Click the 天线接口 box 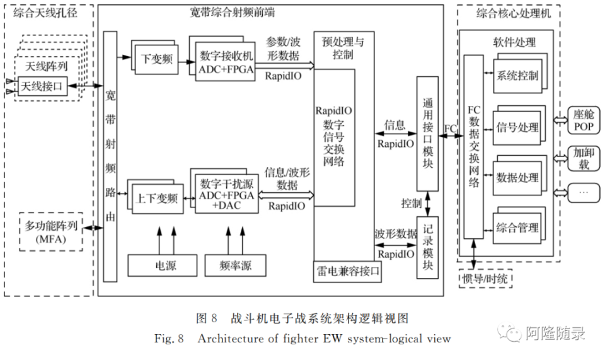coord(42,86)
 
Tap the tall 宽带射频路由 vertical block coord(111,155)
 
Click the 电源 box coord(166,266)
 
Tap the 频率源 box coord(236,266)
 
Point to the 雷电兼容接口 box coord(348,271)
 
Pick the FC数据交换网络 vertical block coord(473,146)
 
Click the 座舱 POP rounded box coord(584,119)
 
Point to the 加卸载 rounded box coord(584,158)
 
